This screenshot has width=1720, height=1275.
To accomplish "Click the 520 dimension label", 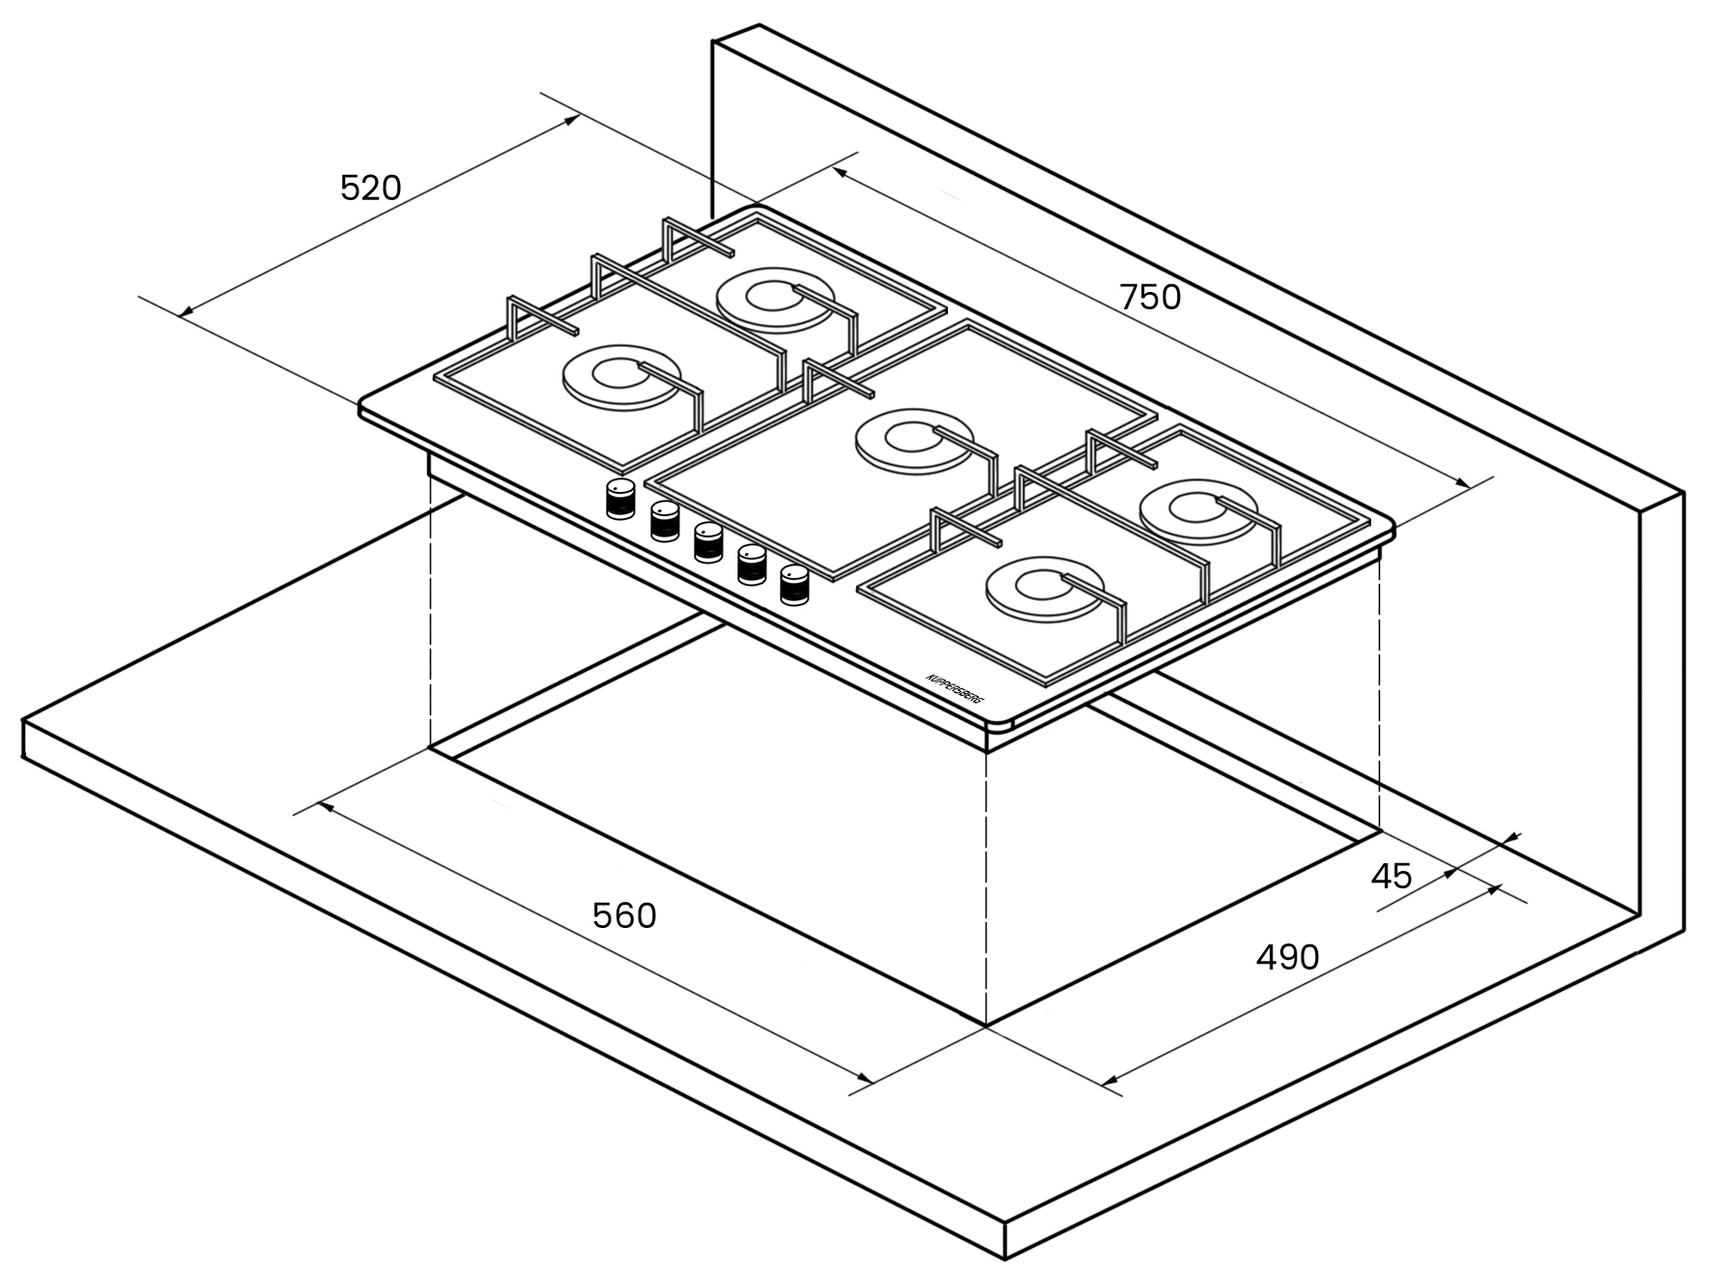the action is pyautogui.click(x=370, y=188).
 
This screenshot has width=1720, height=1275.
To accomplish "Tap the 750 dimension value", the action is pyautogui.click(x=1150, y=297).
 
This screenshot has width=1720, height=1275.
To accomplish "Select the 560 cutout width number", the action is pyautogui.click(x=624, y=915).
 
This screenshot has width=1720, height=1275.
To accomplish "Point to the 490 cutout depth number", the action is pyautogui.click(x=1287, y=957).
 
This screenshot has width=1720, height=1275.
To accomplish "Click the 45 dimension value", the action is pyautogui.click(x=1391, y=876).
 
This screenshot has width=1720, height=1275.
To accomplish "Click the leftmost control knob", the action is pyautogui.click(x=620, y=499).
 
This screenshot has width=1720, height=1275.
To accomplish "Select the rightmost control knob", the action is pyautogui.click(x=794, y=584).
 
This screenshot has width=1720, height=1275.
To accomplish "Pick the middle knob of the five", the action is pyautogui.click(x=708, y=541).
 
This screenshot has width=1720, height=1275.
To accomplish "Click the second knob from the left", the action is pyautogui.click(x=665, y=520).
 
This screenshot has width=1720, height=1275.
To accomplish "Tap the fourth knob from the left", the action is pyautogui.click(x=752, y=564).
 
